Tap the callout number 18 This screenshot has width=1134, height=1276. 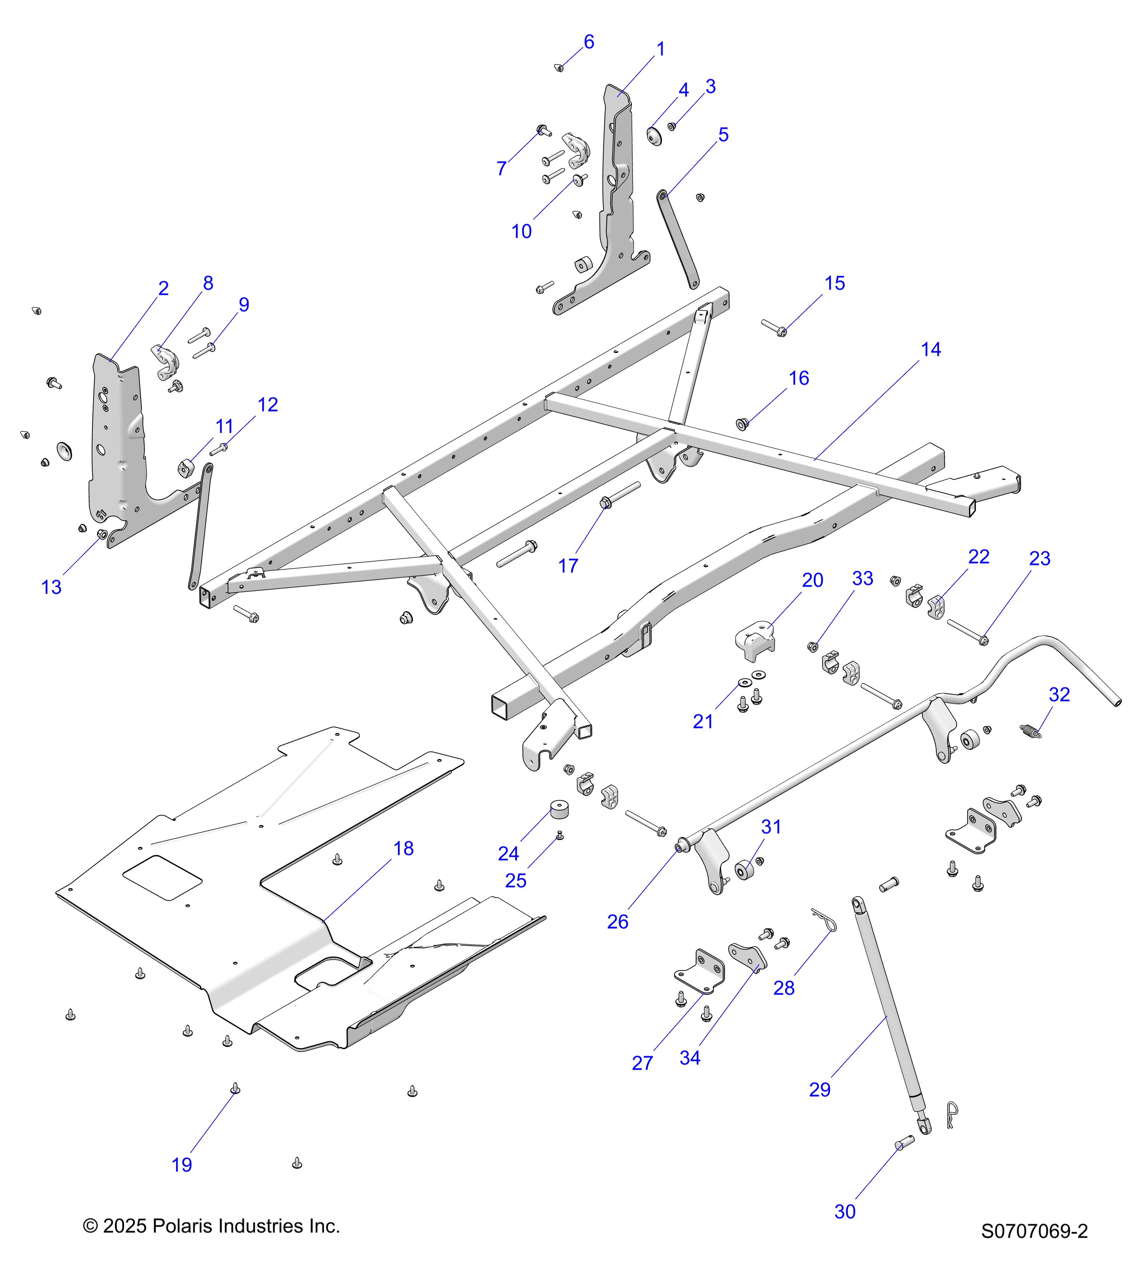coord(403,849)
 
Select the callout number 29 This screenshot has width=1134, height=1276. coord(819,1089)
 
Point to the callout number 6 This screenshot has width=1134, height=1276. coord(589,42)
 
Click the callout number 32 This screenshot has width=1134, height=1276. coord(1059,694)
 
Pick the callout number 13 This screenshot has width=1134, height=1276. coord(51,587)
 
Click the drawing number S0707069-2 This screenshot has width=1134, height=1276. coord(1034,1231)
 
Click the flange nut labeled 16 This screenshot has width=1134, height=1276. coord(743,425)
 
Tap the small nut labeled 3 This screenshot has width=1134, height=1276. coord(672,127)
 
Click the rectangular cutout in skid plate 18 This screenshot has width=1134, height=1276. coord(162,877)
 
